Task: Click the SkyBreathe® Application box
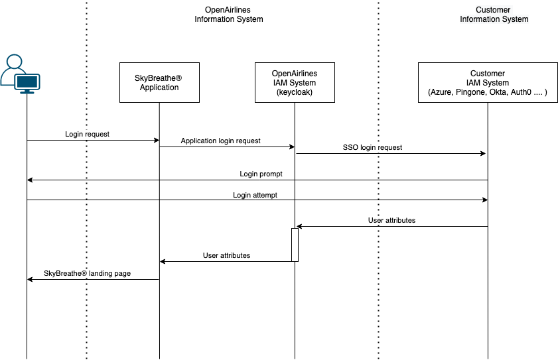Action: pyautogui.click(x=159, y=82)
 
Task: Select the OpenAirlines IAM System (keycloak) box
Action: pyautogui.click(x=295, y=82)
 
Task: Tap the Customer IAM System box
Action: pyautogui.click(x=488, y=82)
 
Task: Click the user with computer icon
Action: pyautogui.click(x=20, y=74)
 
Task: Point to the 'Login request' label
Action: pyautogui.click(x=87, y=134)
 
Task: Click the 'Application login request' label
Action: pyautogui.click(x=221, y=141)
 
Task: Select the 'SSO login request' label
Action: pyautogui.click(x=372, y=147)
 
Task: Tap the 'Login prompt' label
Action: pyautogui.click(x=261, y=174)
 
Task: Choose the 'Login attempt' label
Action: pyautogui.click(x=255, y=195)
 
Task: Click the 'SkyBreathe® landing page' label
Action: pyautogui.click(x=87, y=273)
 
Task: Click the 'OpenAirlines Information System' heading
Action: pyautogui.click(x=228, y=15)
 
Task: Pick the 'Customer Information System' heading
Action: pyautogui.click(x=494, y=15)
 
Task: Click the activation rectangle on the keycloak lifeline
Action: pyautogui.click(x=295, y=245)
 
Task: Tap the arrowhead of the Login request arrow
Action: pyautogui.click(x=157, y=140)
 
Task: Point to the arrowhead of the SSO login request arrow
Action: pyautogui.click(x=483, y=153)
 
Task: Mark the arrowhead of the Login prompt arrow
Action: pyautogui.click(x=30, y=180)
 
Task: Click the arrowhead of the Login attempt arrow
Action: pyautogui.click(x=485, y=200)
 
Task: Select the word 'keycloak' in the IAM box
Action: pyautogui.click(x=295, y=92)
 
